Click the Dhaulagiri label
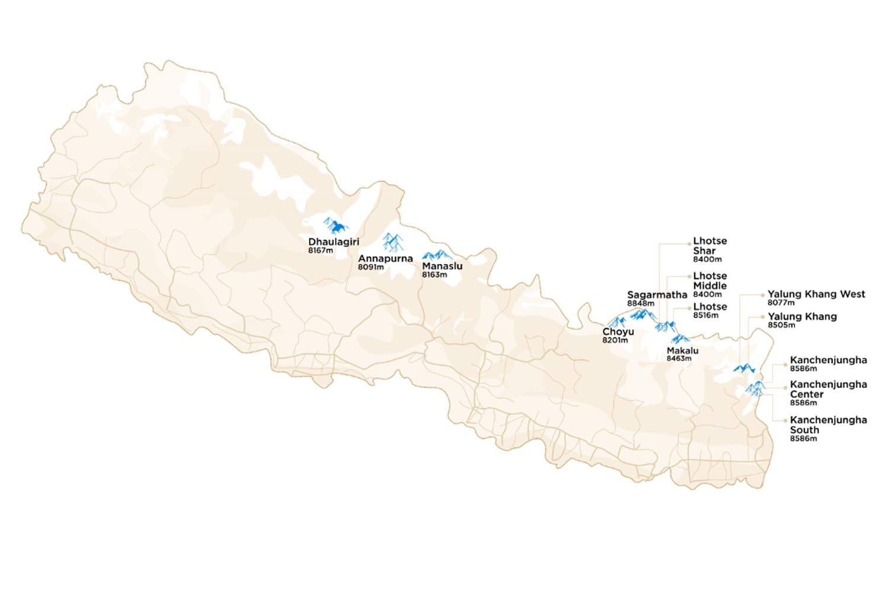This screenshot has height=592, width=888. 333,242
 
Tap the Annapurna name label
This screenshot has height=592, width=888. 385,259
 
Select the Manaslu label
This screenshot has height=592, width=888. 442,266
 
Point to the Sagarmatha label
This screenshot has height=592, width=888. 657,295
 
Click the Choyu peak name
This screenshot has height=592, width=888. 618,332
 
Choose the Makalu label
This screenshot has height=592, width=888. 683,350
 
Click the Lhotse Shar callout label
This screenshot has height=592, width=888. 710,246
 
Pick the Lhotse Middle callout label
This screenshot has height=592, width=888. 710,281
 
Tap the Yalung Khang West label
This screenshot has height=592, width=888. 816,294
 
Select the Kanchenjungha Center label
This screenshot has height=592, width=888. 828,389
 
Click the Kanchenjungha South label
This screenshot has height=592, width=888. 828,424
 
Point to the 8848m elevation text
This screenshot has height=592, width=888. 641,304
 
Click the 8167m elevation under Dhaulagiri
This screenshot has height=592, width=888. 320,250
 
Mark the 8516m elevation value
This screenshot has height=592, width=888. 706,316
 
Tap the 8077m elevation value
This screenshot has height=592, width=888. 781,303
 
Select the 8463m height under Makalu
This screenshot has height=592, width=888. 679,358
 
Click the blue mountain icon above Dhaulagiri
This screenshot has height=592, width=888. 336,226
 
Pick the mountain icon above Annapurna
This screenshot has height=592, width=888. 392,242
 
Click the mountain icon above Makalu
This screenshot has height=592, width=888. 680,339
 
